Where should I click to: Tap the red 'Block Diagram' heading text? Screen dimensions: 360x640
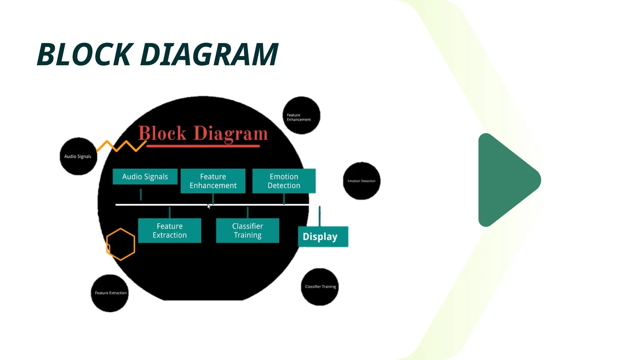203,133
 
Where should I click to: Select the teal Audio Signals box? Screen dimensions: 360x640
145,177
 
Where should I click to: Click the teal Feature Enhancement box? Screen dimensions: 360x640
213,181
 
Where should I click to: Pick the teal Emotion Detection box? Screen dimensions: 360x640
284,181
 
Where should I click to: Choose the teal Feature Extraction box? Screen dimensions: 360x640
170,231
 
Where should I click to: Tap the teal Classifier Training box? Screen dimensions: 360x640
247,231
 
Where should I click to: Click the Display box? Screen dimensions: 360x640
323,237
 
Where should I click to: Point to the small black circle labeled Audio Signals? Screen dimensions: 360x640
78,156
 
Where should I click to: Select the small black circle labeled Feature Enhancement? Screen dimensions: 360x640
301,116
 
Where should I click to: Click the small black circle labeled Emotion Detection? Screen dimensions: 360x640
362,181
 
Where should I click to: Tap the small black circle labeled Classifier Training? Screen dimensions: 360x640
320,287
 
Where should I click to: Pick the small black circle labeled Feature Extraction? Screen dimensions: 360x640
110,293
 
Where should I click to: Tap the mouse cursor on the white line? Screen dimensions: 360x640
209,206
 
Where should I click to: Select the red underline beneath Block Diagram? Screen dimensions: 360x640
203,146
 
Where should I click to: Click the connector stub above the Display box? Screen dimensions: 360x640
319,216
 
